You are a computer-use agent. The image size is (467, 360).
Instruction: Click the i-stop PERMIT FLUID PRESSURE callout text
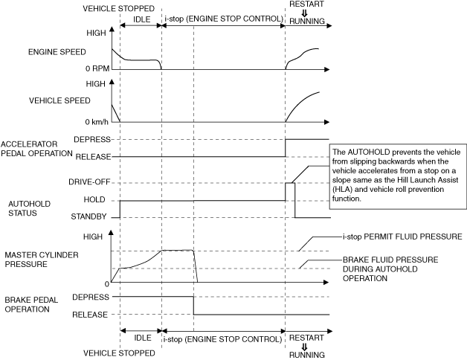pyautogui.click(x=402, y=237)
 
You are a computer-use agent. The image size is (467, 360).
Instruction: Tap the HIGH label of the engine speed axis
pyautogui.click(x=96, y=33)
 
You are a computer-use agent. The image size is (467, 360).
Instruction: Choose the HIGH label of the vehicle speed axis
pyautogui.click(x=96, y=84)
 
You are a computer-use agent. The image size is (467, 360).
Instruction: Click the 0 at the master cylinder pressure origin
pyautogui.click(x=106, y=283)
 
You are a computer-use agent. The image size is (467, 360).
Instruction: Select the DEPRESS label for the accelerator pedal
pyautogui.click(x=93, y=139)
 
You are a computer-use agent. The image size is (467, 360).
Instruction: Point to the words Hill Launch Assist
pyautogui.click(x=425, y=181)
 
